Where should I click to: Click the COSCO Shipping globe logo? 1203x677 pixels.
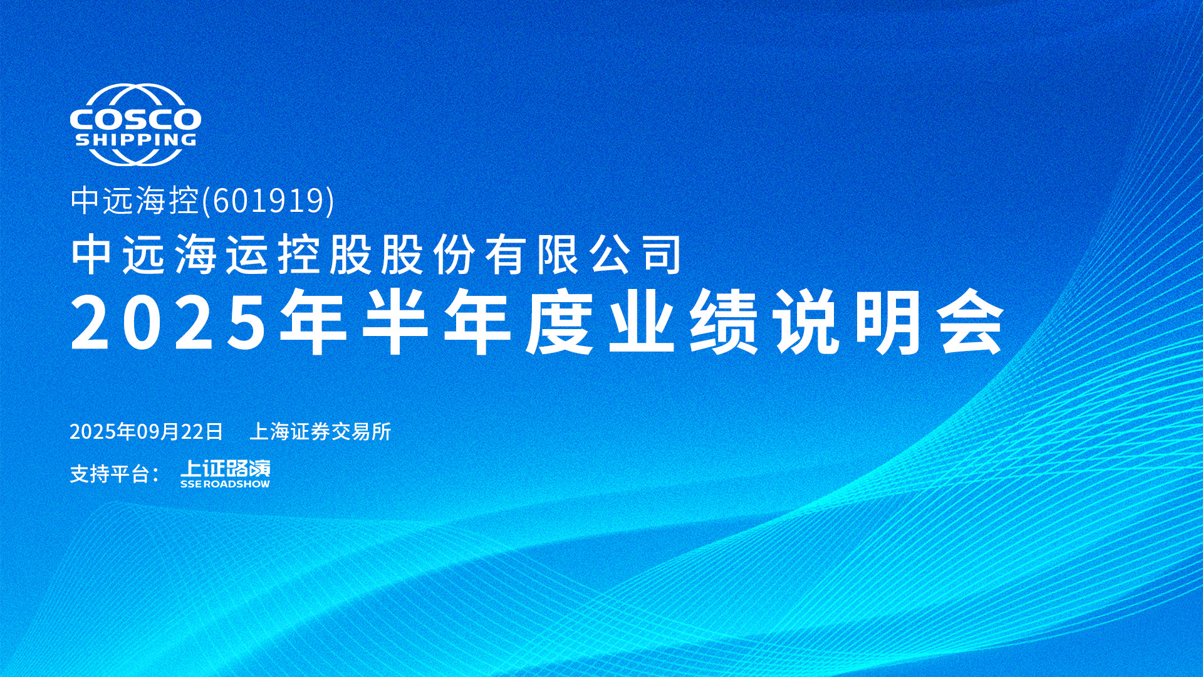coord(135,125)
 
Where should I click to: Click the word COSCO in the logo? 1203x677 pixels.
coord(135,118)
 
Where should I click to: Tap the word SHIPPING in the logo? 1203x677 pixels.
coord(135,139)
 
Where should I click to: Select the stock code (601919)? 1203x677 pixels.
coord(268,201)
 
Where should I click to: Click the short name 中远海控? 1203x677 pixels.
coord(135,201)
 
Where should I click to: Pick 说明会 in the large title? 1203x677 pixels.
coord(889,322)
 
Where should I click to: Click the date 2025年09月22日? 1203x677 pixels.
coord(147,432)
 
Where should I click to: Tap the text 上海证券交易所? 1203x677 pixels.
coord(320,431)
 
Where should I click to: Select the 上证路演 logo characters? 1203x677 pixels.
coord(226,468)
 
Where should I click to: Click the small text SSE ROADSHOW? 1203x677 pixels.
coord(226,484)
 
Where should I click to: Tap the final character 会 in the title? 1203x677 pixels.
coord(972,322)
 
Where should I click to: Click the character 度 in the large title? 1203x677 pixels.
coord(560,322)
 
